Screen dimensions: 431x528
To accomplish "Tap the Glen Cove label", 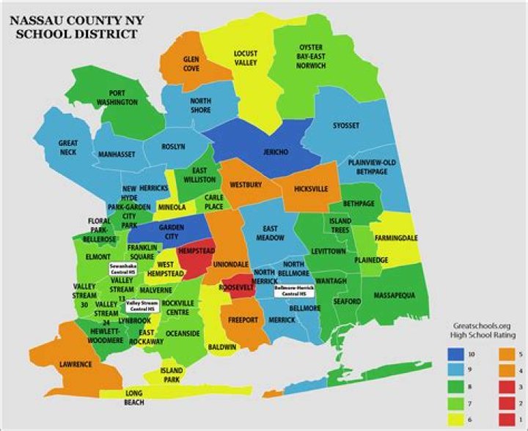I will coord(191,62).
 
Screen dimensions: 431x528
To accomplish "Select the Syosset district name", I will coord(345,125).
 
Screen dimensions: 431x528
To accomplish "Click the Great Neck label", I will coord(69,147).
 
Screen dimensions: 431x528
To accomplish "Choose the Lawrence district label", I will coord(76,364).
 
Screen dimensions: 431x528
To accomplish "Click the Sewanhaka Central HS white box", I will coord(122,268).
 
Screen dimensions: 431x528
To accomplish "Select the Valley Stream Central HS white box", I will coord(142,305).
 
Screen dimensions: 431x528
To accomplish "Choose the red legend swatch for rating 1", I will coord(505,419).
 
